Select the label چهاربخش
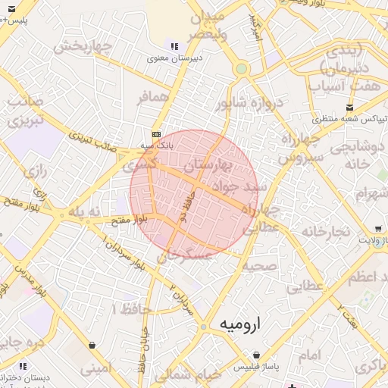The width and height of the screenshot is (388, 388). pos(82,45)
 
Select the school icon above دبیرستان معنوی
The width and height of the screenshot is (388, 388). pos(175,45)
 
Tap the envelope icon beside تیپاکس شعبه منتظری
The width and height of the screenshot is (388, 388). pos(349,107)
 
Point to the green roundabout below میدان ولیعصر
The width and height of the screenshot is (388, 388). pos(241,69)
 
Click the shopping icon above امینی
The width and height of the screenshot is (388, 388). pos(92,346)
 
